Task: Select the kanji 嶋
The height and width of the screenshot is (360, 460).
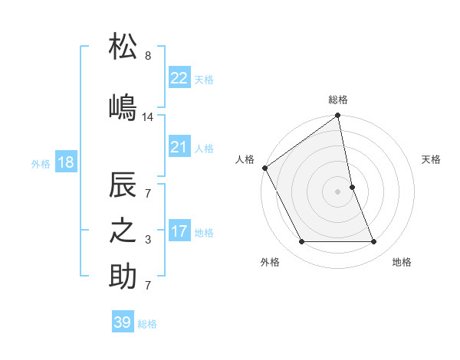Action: [123, 106]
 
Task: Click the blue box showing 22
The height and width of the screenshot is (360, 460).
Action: [179, 77]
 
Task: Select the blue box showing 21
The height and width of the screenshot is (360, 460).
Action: [179, 146]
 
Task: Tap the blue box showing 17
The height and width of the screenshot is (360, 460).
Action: [179, 231]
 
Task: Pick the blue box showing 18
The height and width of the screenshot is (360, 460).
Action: [65, 162]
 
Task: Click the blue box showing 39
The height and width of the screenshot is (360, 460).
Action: [123, 322]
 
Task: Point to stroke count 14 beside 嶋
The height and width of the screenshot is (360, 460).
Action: [148, 117]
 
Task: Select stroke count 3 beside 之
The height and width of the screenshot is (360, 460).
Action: [148, 241]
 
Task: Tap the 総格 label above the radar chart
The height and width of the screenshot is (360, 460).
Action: [337, 100]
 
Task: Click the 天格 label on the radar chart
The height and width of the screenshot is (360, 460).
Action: [432, 159]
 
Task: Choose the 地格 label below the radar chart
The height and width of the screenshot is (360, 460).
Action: [402, 263]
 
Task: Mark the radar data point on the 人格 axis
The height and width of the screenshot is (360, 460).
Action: [264, 168]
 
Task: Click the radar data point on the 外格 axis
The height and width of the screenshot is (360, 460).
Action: [301, 242]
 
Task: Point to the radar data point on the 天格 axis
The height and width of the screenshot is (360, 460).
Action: [352, 187]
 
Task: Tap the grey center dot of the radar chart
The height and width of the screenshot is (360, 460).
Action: [337, 191]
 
